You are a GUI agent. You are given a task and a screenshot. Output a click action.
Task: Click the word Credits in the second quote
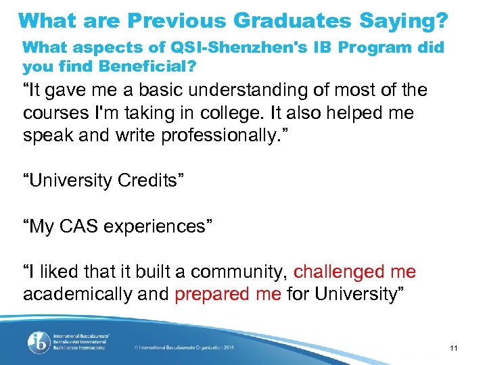click(x=153, y=180)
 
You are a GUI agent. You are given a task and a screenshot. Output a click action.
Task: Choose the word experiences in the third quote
click(x=158, y=226)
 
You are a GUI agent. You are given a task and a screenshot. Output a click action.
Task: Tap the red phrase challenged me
click(x=355, y=272)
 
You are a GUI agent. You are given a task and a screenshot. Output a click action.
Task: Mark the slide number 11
click(x=454, y=348)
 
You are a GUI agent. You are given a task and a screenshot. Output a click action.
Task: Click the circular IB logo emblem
click(x=37, y=342)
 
